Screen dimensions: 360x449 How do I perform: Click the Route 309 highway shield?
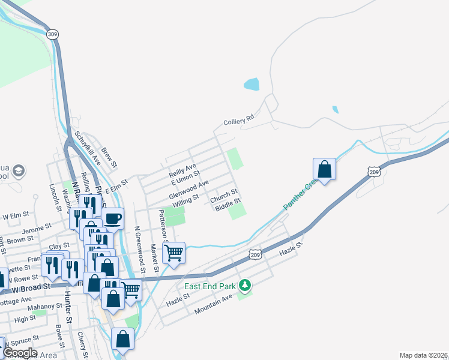click(53, 34)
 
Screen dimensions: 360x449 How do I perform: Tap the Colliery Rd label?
click(239, 121)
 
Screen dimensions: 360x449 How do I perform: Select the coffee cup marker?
click(112, 218)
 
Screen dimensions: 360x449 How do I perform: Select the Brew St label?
click(109, 157)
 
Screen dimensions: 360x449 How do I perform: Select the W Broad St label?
click(30, 289)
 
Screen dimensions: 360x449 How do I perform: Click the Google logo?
click(19, 353)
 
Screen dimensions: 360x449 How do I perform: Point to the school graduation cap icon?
click(19, 172)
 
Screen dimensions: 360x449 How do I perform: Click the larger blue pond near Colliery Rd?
click(252, 84)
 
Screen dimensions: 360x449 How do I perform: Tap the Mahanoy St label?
click(46, 307)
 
